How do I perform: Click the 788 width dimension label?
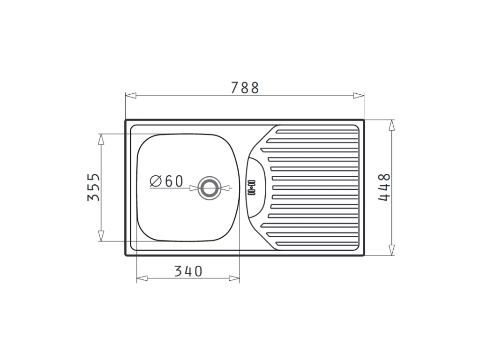[x=245, y=88]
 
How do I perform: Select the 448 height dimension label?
[x=384, y=187]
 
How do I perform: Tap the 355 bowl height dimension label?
[x=94, y=187]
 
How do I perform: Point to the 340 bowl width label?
[x=188, y=271]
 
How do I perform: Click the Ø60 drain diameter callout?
[x=166, y=181]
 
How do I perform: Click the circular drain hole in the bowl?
[x=210, y=188]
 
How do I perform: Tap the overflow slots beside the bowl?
[x=251, y=187]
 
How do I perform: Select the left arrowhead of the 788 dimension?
[x=131, y=96]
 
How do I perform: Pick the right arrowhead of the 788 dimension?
[x=359, y=96]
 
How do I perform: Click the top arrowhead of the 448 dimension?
[x=391, y=125]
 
